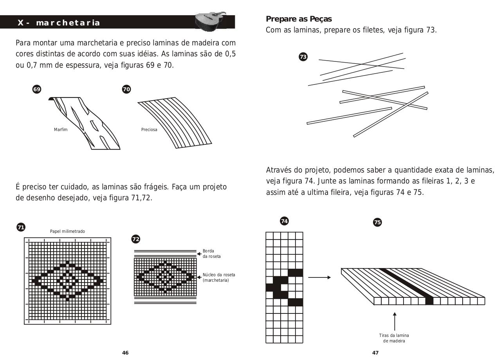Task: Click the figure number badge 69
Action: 37,89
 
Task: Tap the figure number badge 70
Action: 126,89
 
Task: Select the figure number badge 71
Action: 21,227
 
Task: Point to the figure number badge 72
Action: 136,239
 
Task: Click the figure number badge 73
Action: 303,57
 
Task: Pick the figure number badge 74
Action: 284,221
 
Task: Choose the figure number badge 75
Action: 377,222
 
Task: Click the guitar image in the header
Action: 210,21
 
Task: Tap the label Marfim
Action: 61,130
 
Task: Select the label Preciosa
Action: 149,130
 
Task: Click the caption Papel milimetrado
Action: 67,231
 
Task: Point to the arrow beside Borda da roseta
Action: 199,254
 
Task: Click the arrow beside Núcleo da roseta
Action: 199,277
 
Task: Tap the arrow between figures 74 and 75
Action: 319,277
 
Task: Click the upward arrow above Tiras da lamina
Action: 395,322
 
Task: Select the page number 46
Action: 125,353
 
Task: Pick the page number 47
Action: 375,353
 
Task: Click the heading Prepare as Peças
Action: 299,19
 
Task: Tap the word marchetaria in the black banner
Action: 68,23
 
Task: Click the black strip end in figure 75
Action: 429,301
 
